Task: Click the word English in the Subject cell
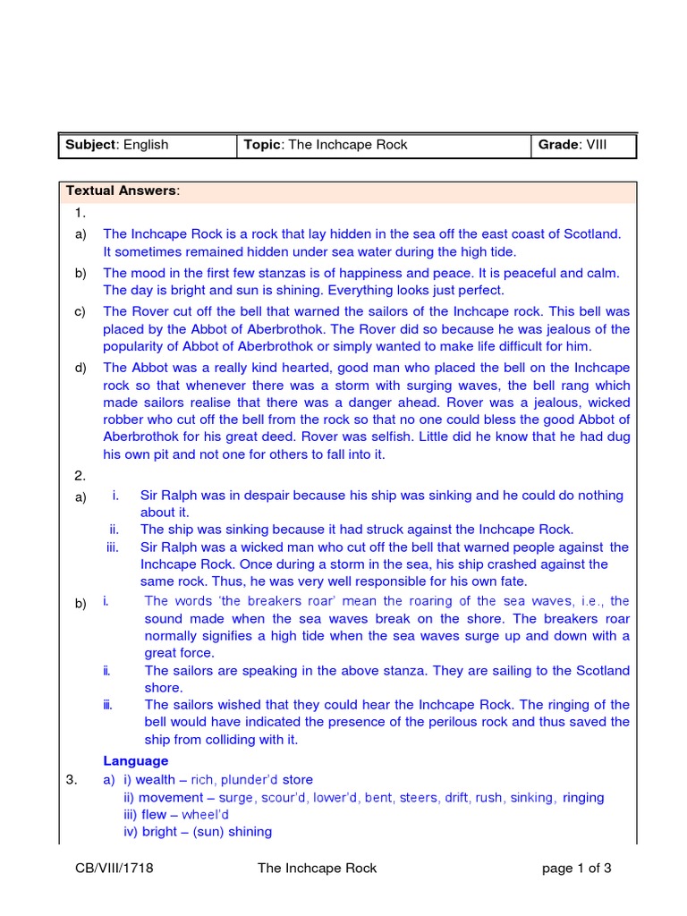146,145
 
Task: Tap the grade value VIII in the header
596,145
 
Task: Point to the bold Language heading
135,760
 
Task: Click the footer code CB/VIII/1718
114,868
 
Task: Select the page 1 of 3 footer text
577,868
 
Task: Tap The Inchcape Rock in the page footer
317,868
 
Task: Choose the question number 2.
81,476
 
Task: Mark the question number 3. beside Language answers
73,780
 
